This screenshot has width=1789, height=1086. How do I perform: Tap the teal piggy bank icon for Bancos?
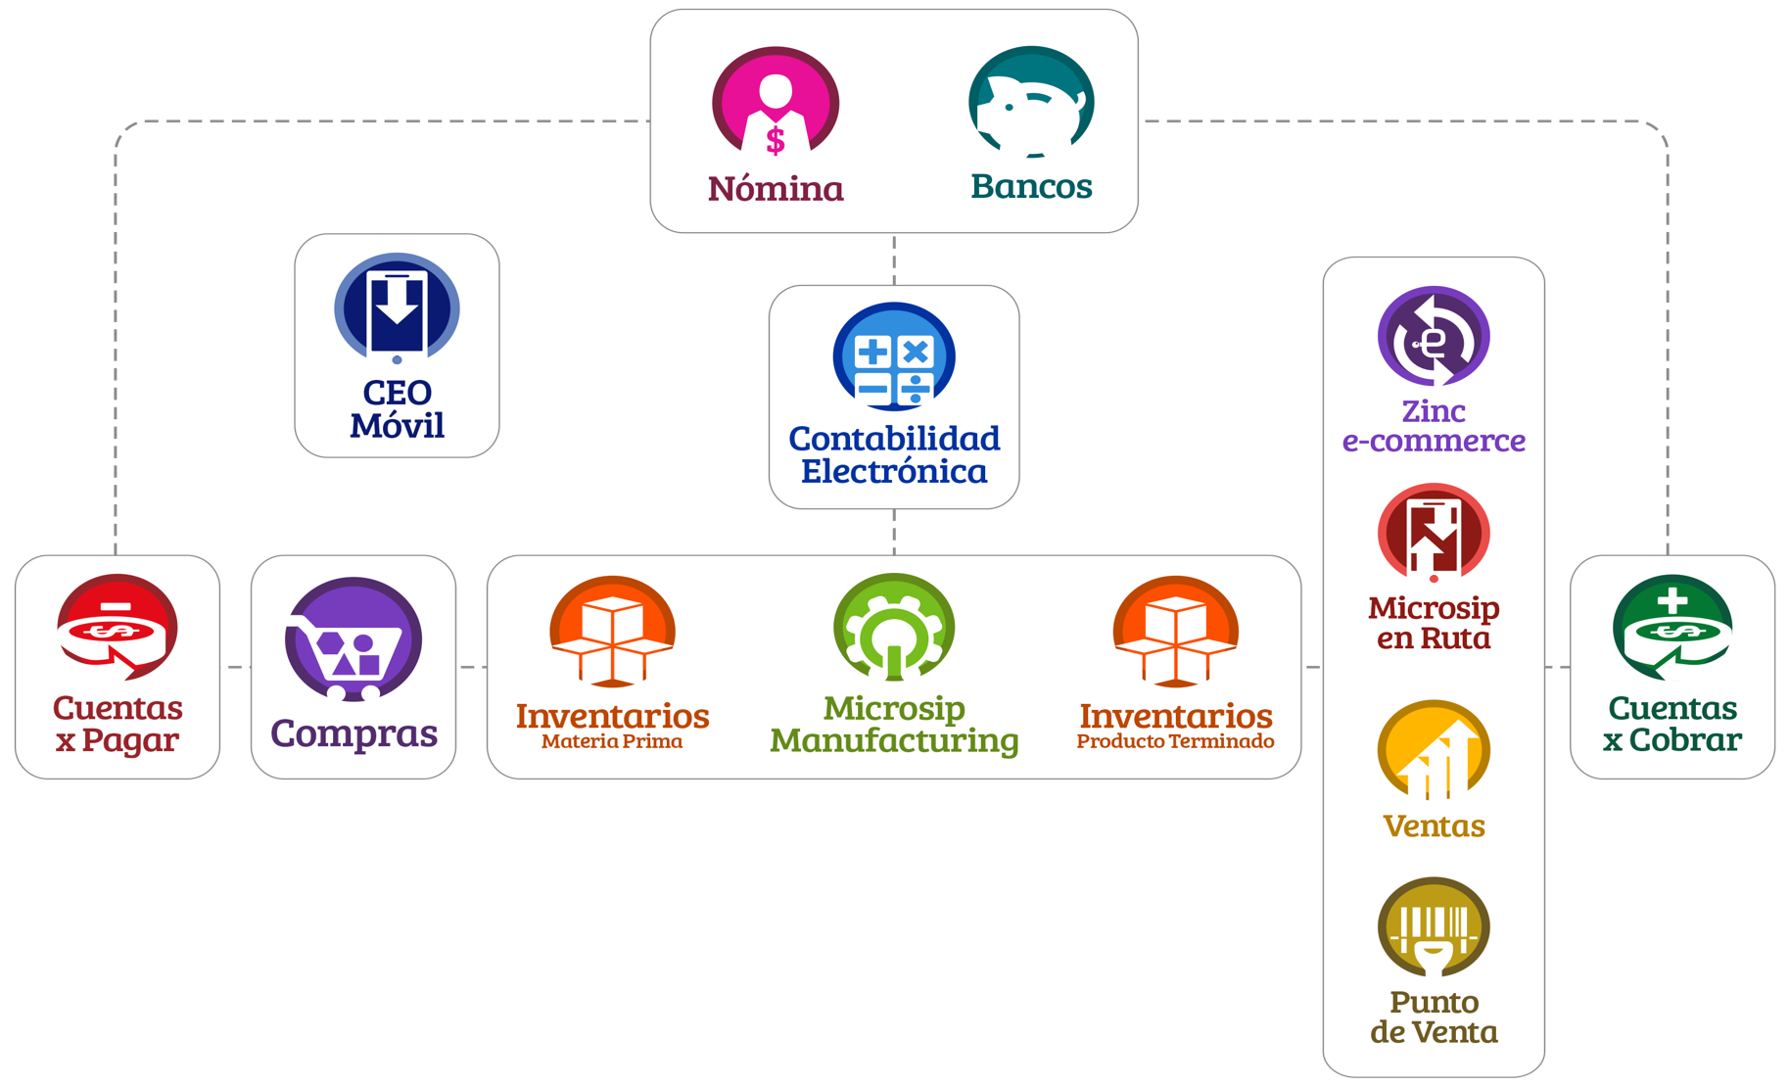tap(1030, 101)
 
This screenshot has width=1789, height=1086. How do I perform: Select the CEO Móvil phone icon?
tap(397, 307)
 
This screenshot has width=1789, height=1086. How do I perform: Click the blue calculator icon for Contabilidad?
tap(893, 357)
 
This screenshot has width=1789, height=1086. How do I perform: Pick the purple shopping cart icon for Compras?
tap(353, 638)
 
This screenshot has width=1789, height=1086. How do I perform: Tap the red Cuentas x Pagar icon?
tap(118, 628)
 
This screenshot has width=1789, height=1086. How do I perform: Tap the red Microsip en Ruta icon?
tap(1434, 534)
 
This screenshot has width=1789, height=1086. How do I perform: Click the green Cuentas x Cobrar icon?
tap(1671, 628)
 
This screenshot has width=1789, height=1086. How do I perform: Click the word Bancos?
tap(1031, 186)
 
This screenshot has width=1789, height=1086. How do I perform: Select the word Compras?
tap(353, 732)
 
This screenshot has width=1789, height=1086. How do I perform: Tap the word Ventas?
tap(1434, 826)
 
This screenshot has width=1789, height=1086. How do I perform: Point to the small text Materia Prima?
tap(612, 741)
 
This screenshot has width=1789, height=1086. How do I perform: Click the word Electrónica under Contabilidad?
tap(893, 471)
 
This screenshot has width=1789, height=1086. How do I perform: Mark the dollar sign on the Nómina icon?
tap(775, 141)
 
